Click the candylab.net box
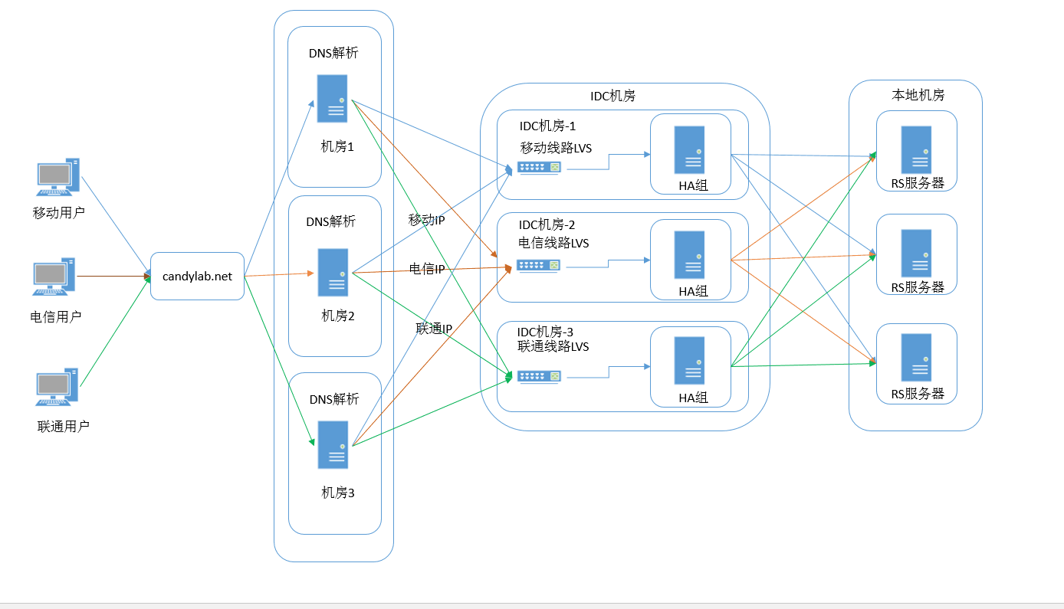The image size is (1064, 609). point(197,276)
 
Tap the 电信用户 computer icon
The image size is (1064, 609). point(54,277)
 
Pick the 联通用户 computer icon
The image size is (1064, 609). point(57,388)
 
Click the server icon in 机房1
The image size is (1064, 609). point(333,99)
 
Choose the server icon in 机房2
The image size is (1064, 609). point(333,272)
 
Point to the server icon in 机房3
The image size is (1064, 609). point(333,445)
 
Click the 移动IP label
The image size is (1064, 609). point(427,221)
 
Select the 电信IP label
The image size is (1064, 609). point(427,269)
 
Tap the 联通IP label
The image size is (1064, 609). point(434,329)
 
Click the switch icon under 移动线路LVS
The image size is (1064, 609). point(539,167)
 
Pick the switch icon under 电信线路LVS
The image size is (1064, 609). point(539,265)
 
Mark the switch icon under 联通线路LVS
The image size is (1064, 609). point(539,376)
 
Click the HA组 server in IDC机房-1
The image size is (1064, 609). point(689,150)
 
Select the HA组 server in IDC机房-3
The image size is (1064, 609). point(689,361)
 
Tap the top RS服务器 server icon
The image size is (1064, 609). point(916,149)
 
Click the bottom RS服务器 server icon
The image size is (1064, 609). point(916,358)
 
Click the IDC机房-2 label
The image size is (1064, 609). point(547,225)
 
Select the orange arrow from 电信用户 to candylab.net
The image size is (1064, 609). point(113,276)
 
